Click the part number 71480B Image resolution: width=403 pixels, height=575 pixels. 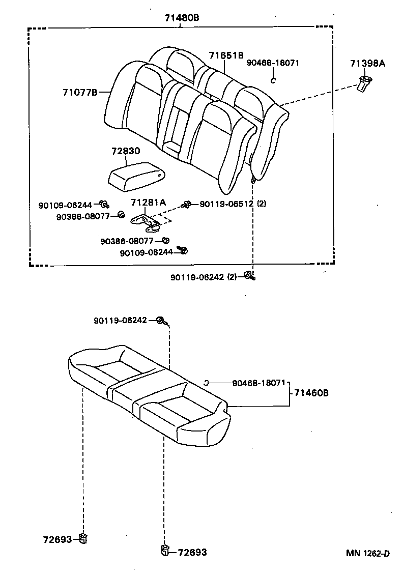point(181,18)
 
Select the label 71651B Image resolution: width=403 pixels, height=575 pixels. point(226,55)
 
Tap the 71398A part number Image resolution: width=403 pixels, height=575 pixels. point(367,64)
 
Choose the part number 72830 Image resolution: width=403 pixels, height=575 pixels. point(126,152)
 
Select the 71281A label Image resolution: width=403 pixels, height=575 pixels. point(148,202)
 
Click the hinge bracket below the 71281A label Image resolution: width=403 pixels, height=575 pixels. point(146,220)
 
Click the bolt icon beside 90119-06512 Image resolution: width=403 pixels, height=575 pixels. point(187,204)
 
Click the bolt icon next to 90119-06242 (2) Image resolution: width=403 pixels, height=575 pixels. point(249,276)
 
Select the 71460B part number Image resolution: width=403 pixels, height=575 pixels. point(311,393)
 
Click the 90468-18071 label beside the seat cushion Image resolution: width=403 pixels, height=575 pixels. point(259,383)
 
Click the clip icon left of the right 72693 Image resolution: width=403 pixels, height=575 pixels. point(165,551)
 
